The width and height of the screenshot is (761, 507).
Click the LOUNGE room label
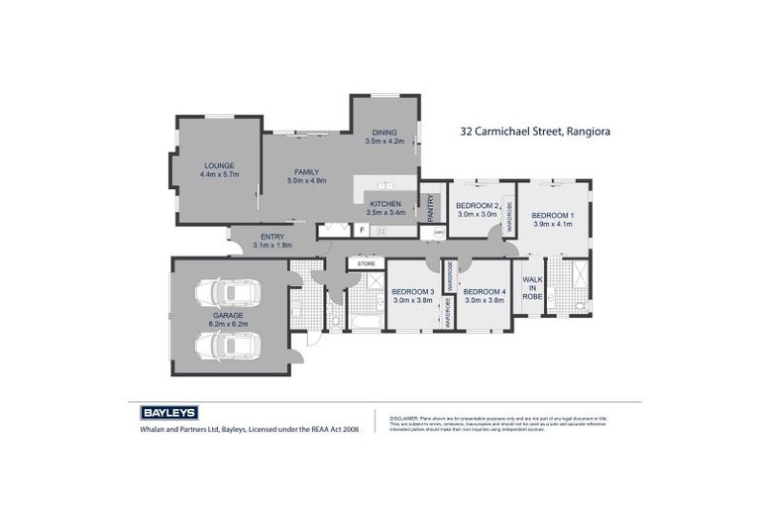click(220, 165)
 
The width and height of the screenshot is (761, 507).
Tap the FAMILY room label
click(306, 172)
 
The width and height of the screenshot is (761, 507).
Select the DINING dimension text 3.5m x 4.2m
click(384, 142)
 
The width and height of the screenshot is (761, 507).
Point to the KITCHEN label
click(384, 203)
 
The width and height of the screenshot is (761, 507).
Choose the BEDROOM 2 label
click(477, 205)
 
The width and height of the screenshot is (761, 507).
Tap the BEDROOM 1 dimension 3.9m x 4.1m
click(552, 224)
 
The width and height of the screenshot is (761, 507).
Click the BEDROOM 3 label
click(412, 291)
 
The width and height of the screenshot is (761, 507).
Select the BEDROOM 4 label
click(485, 291)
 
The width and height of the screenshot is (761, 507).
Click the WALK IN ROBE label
click(532, 288)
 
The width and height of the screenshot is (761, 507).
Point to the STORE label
click(366, 263)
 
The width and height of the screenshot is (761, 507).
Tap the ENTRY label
click(272, 237)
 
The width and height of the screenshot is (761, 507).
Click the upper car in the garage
click(228, 293)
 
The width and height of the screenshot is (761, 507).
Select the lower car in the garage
click(228, 346)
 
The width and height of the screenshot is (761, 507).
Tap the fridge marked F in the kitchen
click(362, 231)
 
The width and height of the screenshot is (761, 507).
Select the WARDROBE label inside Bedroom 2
click(509, 215)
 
